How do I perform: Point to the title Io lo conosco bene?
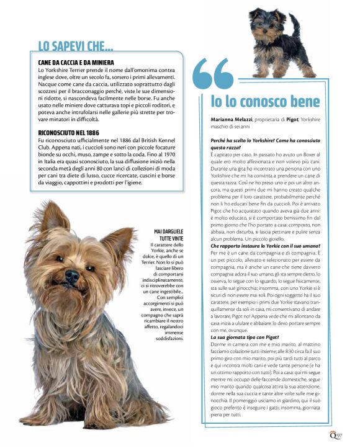(x=265, y=101)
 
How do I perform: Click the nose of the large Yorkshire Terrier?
(x=72, y=274)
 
